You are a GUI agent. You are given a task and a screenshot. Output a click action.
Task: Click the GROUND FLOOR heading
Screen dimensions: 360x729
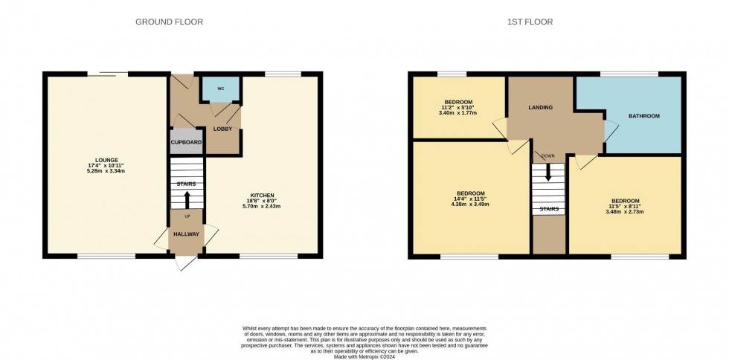tap(169, 22)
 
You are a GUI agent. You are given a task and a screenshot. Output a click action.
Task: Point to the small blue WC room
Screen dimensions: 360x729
tap(221, 89)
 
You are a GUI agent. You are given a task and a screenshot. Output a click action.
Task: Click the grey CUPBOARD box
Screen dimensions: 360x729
tap(186, 141)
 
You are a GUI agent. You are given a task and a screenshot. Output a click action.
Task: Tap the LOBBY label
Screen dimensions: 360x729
tap(222, 129)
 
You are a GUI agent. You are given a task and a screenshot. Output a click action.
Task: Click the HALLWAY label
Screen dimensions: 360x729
tap(186, 234)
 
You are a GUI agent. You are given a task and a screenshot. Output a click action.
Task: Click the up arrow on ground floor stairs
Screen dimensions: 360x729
tap(186, 198)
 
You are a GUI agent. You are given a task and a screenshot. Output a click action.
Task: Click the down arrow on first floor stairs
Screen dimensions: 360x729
tap(549, 173)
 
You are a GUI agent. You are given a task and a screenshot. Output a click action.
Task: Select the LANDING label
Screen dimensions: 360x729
tap(540, 108)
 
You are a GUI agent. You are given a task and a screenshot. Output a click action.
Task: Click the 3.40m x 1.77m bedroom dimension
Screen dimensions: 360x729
tap(458, 114)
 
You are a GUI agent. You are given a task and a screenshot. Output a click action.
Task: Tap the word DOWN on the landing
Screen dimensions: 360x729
tap(547, 156)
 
